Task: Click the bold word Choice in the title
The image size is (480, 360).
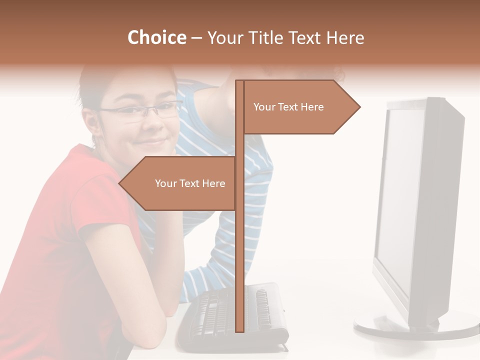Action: click(156, 37)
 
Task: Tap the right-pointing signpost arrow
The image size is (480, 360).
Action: click(300, 107)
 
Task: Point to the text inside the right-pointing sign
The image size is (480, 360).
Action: click(288, 107)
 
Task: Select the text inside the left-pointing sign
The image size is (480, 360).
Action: click(190, 183)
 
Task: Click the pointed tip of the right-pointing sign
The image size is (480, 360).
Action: click(358, 107)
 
